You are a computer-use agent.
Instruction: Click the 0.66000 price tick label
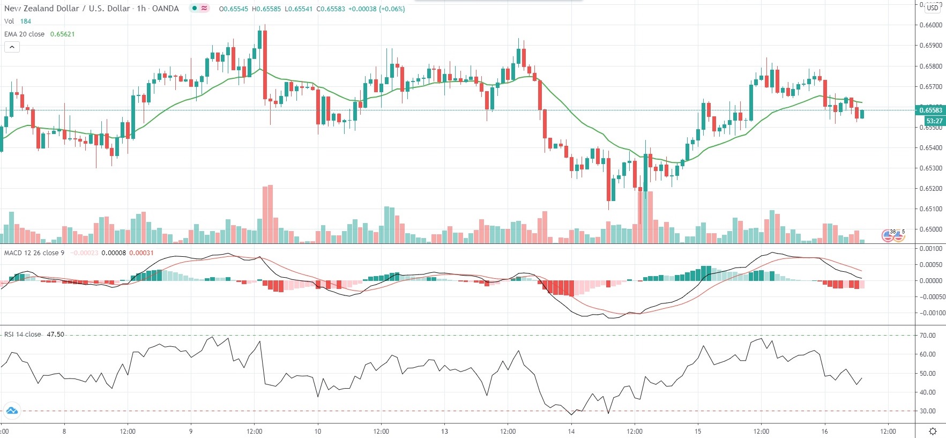click(x=930, y=25)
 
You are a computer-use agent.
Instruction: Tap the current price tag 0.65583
click(x=930, y=110)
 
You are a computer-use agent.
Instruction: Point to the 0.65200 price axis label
click(x=930, y=189)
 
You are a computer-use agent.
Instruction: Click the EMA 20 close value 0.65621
click(x=62, y=34)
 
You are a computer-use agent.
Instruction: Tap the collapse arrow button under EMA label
click(x=12, y=47)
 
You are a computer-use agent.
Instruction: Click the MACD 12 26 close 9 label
click(x=34, y=253)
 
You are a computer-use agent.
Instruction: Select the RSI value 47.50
click(x=55, y=335)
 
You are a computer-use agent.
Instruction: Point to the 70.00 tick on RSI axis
click(x=927, y=336)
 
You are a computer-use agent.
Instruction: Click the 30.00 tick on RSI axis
click(x=927, y=411)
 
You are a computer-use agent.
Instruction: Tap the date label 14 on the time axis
click(x=571, y=431)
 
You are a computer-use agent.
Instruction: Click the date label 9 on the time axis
click(x=191, y=431)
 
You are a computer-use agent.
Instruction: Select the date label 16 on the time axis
click(x=824, y=431)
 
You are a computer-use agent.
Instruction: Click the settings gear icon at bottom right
click(x=933, y=432)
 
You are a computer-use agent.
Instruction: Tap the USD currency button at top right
click(x=933, y=8)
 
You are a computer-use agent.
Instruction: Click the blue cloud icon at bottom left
click(x=11, y=411)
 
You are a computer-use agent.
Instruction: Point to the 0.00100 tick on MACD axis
click(x=930, y=249)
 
